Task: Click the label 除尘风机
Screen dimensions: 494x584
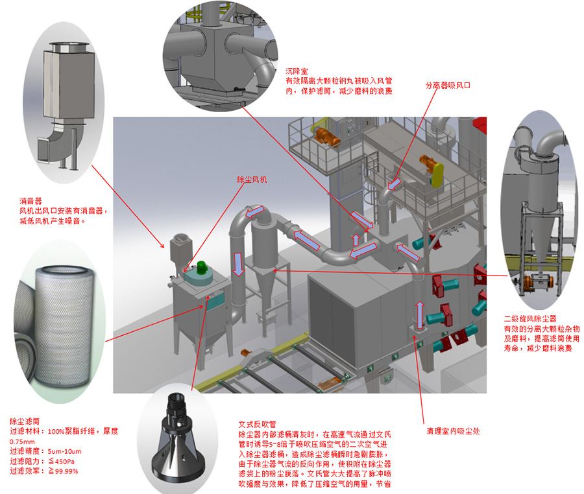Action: pos(250,179)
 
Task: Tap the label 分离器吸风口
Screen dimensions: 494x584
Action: pos(447,85)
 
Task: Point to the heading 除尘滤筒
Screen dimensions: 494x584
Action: pos(25,421)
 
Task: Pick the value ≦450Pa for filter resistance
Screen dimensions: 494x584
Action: pos(64,461)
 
